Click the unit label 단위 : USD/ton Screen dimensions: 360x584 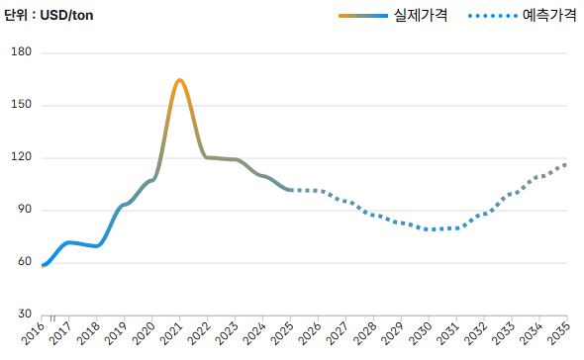click(x=50, y=15)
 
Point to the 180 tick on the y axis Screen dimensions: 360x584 click(x=22, y=52)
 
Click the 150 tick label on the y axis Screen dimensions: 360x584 click(x=22, y=105)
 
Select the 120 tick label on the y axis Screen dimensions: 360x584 click(x=22, y=157)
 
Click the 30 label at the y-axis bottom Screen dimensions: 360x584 click(x=24, y=315)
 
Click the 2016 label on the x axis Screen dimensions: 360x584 click(x=36, y=334)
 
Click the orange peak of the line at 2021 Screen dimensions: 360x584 click(x=179, y=80)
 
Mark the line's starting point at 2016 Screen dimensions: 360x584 click(x=44, y=265)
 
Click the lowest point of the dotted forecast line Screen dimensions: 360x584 click(x=432, y=229)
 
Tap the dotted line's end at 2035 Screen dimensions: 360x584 click(x=566, y=164)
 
